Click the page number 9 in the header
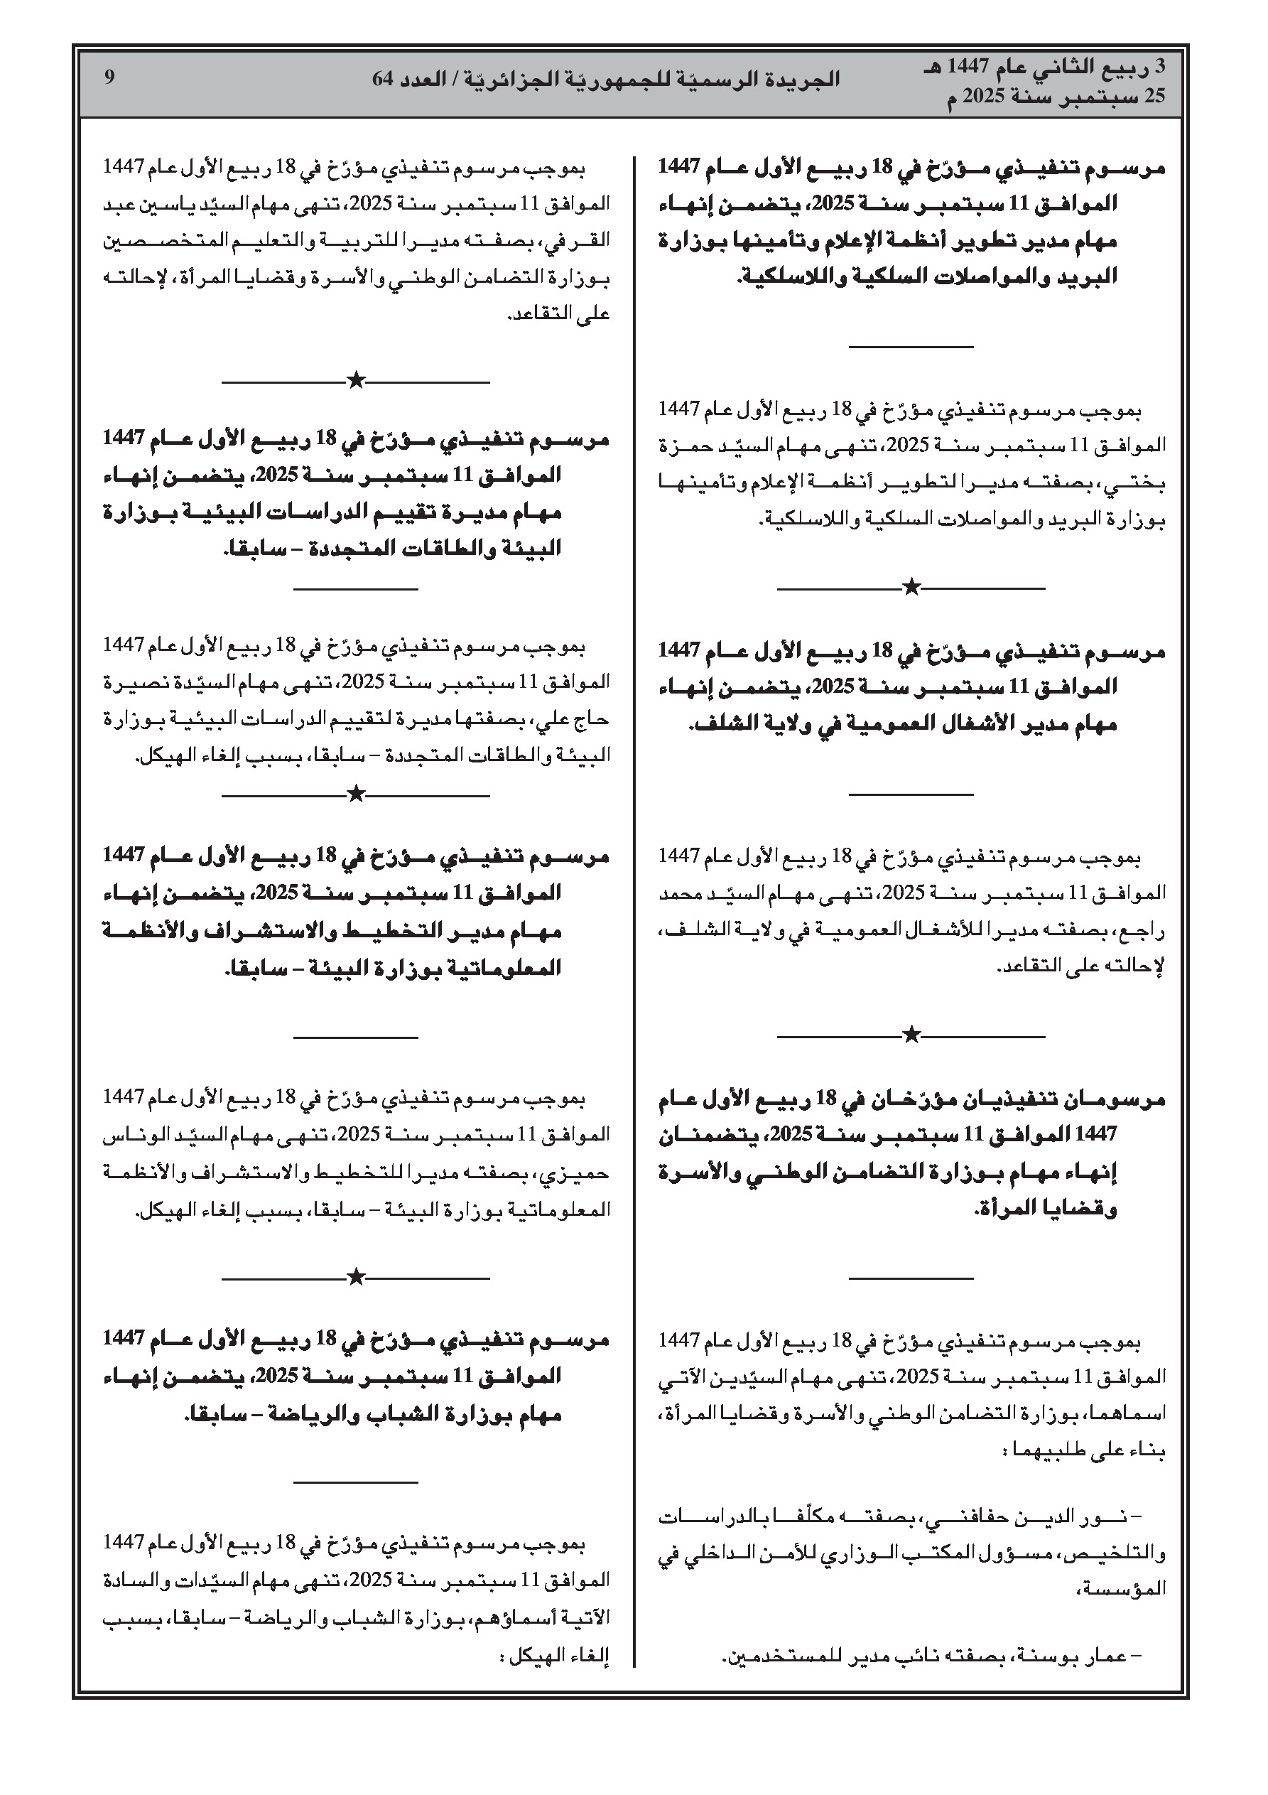click(109, 78)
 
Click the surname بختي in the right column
click(1146, 484)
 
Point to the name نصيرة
click(132, 681)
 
